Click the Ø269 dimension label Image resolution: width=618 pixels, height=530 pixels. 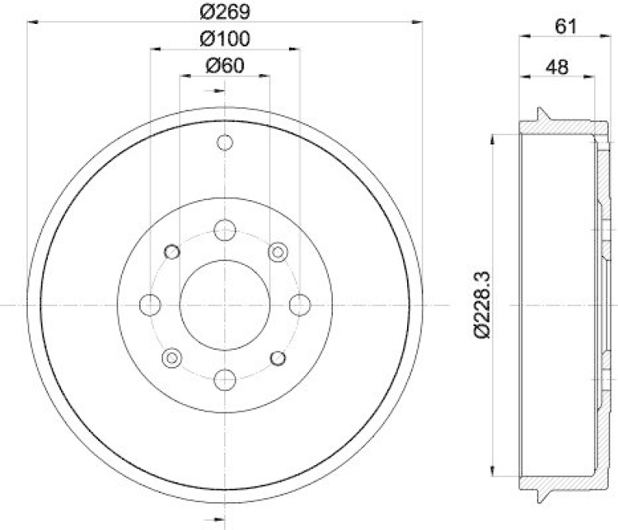click(x=224, y=11)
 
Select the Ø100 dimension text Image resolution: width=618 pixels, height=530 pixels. click(x=224, y=38)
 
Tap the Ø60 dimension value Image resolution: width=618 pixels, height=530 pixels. click(x=224, y=66)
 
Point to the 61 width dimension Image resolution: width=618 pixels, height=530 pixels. click(x=566, y=25)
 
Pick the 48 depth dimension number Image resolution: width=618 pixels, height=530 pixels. click(x=556, y=67)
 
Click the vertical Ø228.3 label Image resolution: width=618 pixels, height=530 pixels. click(x=480, y=304)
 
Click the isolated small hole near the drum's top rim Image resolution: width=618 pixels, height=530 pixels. click(x=225, y=143)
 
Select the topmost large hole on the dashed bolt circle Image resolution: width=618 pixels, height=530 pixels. click(x=225, y=229)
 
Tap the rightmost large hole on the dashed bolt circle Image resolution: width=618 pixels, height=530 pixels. click(x=299, y=304)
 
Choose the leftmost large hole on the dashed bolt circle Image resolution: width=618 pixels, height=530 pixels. click(x=150, y=304)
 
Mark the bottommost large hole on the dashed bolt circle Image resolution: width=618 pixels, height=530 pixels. click(x=225, y=379)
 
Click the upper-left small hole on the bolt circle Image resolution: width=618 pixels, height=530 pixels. click(x=172, y=252)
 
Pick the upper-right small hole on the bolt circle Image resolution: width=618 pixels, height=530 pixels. click(x=277, y=252)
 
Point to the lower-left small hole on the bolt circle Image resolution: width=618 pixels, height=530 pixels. click(x=172, y=357)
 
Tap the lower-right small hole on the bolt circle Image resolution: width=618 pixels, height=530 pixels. click(x=277, y=357)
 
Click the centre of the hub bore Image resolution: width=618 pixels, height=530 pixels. click(x=225, y=304)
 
